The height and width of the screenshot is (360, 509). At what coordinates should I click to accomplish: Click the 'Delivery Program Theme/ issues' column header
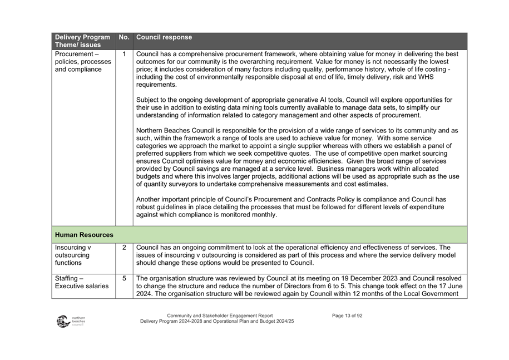(x=82, y=41)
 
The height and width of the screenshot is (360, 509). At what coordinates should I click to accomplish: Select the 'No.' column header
(x=124, y=38)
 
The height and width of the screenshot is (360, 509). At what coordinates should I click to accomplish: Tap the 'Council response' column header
(x=164, y=38)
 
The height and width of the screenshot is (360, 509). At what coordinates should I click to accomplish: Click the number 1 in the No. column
(x=124, y=54)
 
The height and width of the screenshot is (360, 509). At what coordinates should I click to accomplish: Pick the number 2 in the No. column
(x=124, y=247)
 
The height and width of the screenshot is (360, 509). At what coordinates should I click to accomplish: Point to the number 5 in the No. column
(x=124, y=278)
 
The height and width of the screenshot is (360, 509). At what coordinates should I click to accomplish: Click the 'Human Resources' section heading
(x=84, y=235)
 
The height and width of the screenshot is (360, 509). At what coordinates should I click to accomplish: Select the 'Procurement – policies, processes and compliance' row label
(x=82, y=62)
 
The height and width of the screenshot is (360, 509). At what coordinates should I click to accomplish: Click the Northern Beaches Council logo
(x=70, y=321)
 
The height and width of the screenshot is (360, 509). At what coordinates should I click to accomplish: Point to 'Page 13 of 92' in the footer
(x=347, y=315)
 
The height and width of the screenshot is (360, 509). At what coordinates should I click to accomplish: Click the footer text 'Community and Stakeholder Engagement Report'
(x=220, y=315)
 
